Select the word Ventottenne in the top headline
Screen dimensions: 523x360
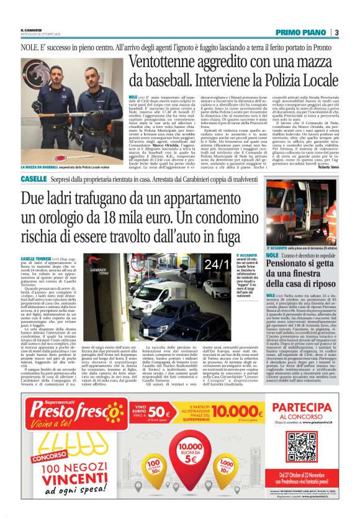[x=164, y=63]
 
